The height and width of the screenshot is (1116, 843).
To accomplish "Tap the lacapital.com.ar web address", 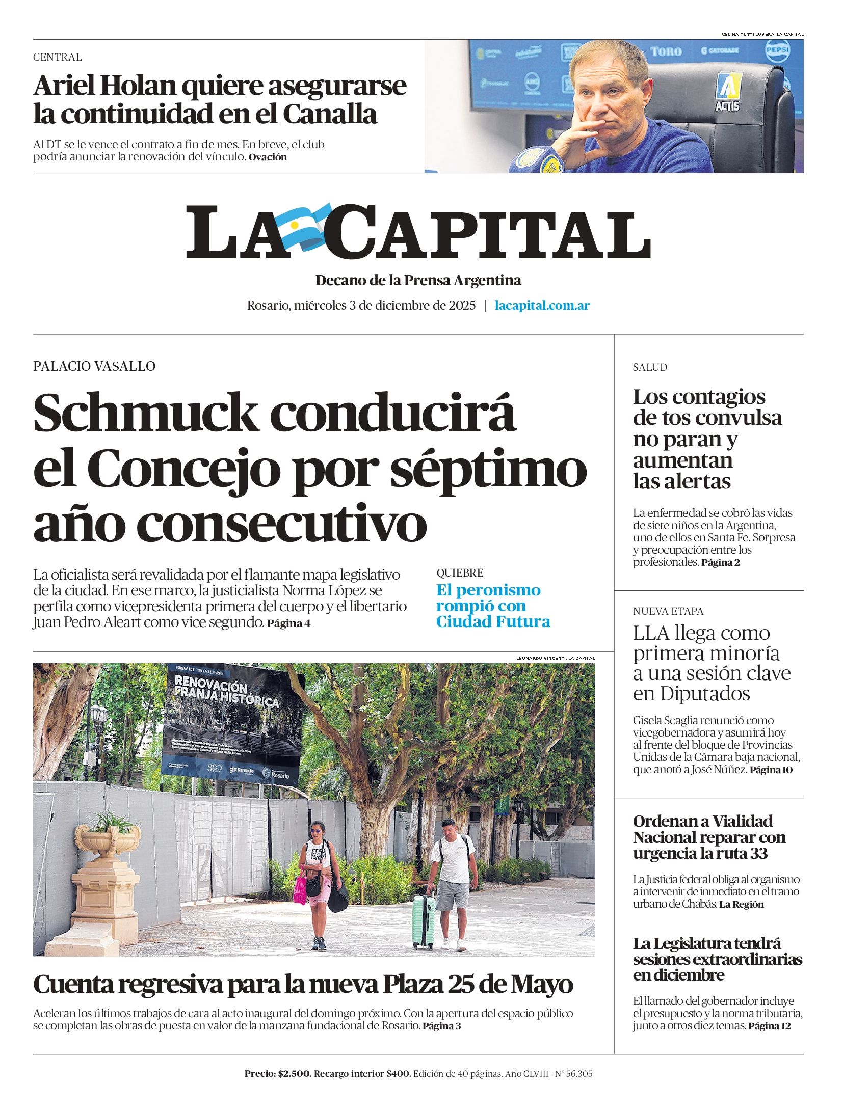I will tap(542, 306).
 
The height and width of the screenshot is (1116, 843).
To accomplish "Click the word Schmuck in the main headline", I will tap(145, 413).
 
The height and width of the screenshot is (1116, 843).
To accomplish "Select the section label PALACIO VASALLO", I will tap(94, 366).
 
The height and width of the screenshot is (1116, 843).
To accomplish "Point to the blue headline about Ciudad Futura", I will tap(493, 606).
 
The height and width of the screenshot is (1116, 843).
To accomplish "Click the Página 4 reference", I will tap(288, 623).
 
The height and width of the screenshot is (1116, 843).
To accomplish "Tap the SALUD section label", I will tap(650, 367).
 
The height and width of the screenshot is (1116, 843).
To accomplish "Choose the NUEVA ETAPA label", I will tap(668, 611).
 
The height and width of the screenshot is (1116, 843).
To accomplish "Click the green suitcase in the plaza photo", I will tap(423, 922).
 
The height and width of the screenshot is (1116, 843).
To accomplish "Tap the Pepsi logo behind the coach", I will tap(777, 51).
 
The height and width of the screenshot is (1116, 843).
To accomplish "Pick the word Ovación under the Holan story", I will tap(268, 157).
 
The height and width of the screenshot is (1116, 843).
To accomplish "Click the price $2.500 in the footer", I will tap(294, 1074).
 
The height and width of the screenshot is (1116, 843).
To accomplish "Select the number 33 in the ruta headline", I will tap(758, 853).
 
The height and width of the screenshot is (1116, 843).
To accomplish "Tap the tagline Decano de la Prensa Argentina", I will tap(418, 280).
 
